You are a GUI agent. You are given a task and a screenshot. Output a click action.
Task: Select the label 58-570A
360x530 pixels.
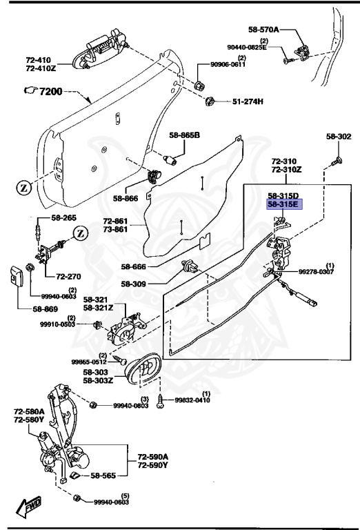point(263,30)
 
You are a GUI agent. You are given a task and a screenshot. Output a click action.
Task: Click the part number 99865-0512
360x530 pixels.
point(90,361)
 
